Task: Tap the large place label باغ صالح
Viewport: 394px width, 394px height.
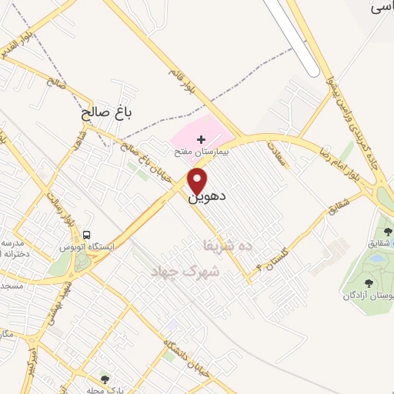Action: [x=107, y=113]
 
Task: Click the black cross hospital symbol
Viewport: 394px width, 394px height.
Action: [x=201, y=139]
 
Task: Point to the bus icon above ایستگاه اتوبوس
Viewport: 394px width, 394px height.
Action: [x=88, y=235]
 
